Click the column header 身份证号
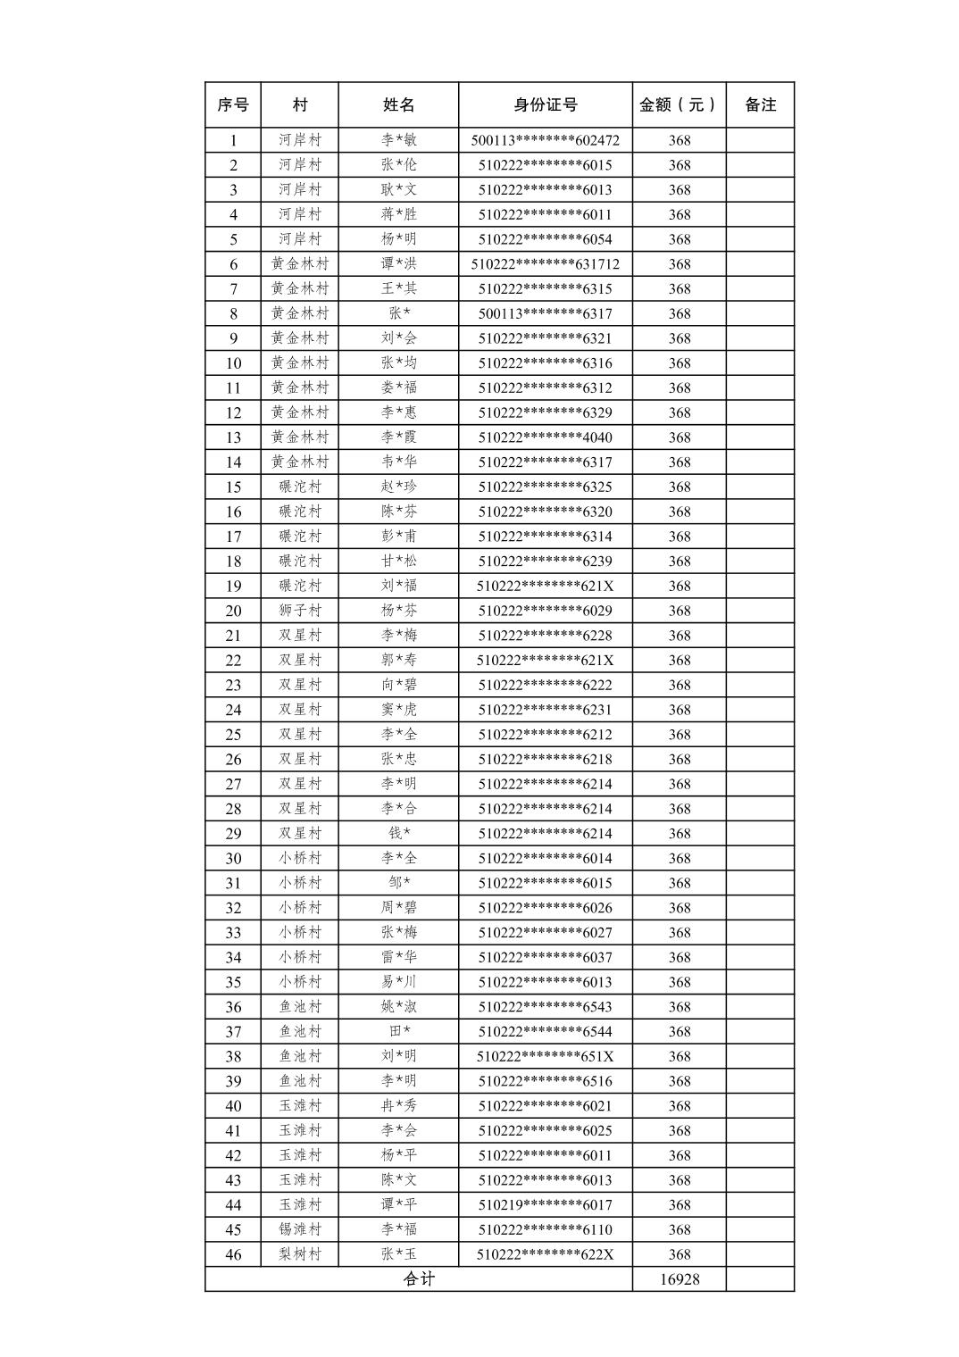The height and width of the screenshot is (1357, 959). tap(545, 104)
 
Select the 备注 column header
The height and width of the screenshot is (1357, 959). tap(760, 104)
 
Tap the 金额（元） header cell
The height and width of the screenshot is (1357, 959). tap(679, 104)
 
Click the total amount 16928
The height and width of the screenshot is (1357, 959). tap(680, 1279)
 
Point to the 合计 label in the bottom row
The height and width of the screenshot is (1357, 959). tap(419, 1279)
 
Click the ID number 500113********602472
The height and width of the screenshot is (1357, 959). tap(545, 140)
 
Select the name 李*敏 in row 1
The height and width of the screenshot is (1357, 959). tap(398, 140)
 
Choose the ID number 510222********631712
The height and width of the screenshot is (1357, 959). tap(545, 264)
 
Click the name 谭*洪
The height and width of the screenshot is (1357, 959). tap(398, 264)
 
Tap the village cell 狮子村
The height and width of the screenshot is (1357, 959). tap(299, 611)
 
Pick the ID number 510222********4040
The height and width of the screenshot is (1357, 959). tap(545, 437)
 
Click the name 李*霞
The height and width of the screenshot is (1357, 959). tap(398, 437)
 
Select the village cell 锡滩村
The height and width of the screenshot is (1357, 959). tap(299, 1229)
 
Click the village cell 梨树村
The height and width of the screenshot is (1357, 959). tap(299, 1254)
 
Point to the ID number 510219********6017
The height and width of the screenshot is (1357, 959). tap(545, 1205)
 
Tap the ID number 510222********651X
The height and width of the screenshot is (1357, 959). tap(545, 1056)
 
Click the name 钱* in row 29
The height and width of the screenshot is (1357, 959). tap(398, 834)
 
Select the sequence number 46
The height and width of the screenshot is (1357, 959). tap(233, 1254)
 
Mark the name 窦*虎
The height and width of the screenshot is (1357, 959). tap(398, 710)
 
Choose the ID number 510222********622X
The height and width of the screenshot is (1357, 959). tap(545, 1254)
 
